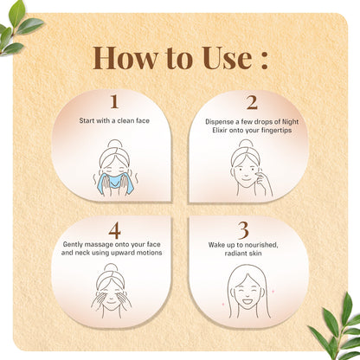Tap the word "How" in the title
click(125, 58)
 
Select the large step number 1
click(114, 101)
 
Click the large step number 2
click(252, 102)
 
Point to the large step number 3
click(243, 230)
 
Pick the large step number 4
click(114, 231)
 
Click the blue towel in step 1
click(115, 183)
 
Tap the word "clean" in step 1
click(125, 120)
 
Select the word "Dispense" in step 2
click(218, 122)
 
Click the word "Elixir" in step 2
click(220, 131)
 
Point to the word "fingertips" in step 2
click(276, 131)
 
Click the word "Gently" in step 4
click(73, 245)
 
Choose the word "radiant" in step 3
click(235, 254)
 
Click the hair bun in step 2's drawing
click(246, 144)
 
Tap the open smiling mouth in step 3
click(247, 302)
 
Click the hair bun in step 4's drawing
click(111, 267)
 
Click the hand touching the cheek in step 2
click(264, 182)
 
